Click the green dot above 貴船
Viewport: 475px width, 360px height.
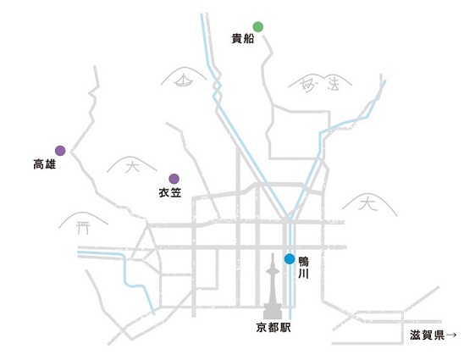coord(257,26)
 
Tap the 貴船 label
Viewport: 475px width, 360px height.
coord(243,39)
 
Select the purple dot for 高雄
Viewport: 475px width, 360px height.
coord(60,151)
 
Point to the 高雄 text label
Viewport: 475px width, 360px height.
coord(45,164)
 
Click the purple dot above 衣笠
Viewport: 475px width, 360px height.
coord(174,179)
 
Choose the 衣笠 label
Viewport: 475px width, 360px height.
coord(170,193)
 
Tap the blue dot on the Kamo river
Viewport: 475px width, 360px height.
coord(290,259)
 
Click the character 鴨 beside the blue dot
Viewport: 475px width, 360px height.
coord(303,262)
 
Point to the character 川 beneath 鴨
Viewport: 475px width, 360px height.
coord(303,274)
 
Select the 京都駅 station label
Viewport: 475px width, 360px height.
coord(273,328)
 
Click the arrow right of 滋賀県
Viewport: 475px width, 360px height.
coord(451,335)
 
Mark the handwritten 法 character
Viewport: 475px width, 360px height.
coord(333,84)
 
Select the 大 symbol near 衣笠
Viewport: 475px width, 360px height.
coord(132,167)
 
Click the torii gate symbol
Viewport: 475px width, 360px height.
coord(82,228)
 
